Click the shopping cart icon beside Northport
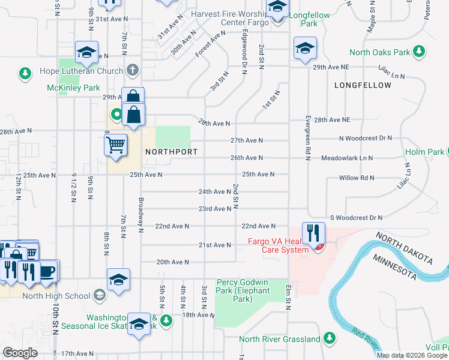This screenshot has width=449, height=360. (115, 145)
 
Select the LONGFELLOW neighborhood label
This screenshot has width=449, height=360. (363, 85)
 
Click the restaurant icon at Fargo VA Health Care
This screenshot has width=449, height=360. (312, 233)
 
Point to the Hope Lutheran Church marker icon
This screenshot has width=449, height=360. (133, 70)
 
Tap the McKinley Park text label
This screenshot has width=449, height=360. (73, 88)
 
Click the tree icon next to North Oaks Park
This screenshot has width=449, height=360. (419, 52)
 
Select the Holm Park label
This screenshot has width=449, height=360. (424, 152)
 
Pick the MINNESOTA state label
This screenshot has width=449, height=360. (395, 266)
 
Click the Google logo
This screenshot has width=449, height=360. (20, 352)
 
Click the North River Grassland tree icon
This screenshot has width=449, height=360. (329, 339)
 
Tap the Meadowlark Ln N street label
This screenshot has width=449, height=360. (347, 158)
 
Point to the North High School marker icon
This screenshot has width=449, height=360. (99, 295)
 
